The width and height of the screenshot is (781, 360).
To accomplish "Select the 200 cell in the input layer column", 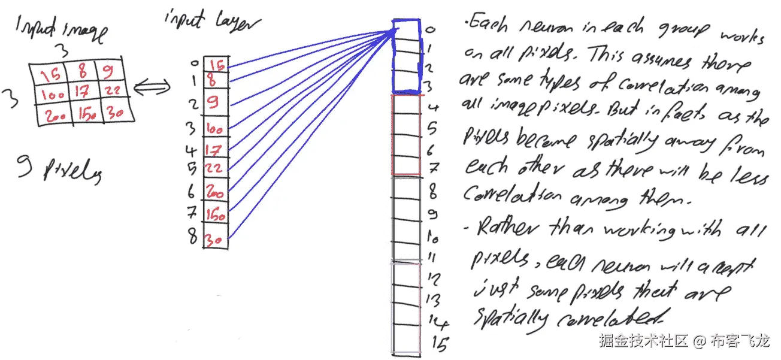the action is [x=215, y=191].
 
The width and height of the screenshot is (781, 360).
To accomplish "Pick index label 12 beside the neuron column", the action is [x=435, y=279].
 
